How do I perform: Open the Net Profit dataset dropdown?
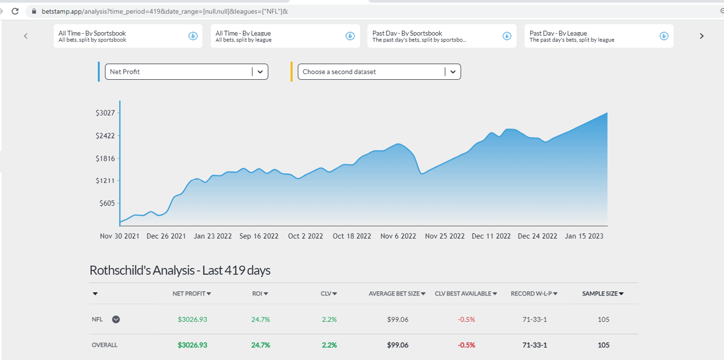tap(187, 71)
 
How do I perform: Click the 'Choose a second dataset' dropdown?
tap(379, 71)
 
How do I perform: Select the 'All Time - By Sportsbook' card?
tap(128, 36)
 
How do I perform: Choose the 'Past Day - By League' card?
tap(599, 36)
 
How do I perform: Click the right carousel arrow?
tap(701, 36)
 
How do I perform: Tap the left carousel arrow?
tap(26, 36)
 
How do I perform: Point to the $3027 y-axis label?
tap(105, 113)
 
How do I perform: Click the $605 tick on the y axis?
tap(107, 203)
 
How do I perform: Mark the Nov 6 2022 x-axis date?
tap(398, 236)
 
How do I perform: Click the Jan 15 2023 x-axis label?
tap(584, 236)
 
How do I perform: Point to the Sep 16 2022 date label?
tap(259, 236)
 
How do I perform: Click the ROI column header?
tap(260, 294)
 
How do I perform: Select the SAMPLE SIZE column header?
tap(603, 294)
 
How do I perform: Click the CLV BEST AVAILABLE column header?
tap(466, 294)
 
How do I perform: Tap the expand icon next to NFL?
tap(116, 320)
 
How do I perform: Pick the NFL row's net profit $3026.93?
tap(192, 320)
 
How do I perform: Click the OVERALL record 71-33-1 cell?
tap(534, 345)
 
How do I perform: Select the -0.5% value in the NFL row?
tap(466, 320)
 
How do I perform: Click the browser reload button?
tap(15, 11)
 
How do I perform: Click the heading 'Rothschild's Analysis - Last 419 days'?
tap(180, 270)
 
